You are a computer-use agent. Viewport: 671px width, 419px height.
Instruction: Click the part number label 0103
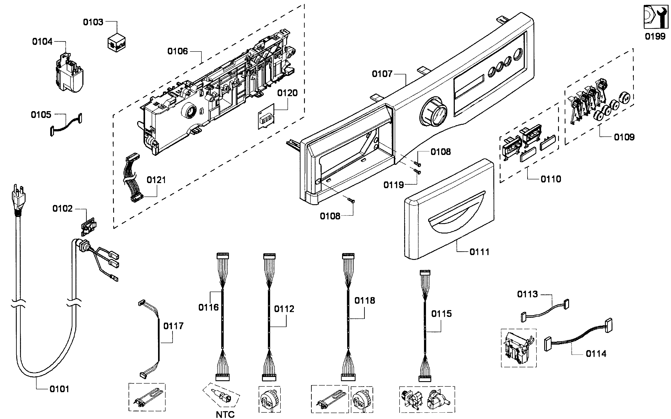coord(93,22)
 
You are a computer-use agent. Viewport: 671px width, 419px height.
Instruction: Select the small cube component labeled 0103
coord(116,43)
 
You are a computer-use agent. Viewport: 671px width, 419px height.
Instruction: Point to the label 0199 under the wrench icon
coord(655,36)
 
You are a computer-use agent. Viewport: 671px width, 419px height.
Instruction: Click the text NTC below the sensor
coord(225,415)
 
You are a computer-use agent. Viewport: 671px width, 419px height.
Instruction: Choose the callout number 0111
coord(479,252)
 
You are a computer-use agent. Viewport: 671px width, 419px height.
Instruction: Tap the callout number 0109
coord(624,137)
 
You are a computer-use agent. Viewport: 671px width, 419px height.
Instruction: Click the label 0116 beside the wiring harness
coord(208,307)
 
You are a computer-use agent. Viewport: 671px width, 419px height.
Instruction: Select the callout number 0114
coord(596,354)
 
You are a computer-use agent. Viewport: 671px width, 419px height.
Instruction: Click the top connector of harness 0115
coord(425,273)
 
